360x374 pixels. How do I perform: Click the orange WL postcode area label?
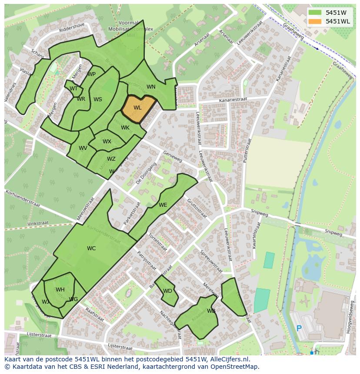pyautogui.click(x=137, y=108)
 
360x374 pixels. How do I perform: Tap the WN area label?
pyautogui.click(x=151, y=87)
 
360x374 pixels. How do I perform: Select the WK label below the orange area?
pyautogui.click(x=125, y=128)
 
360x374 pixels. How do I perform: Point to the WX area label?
pyautogui.click(x=107, y=142)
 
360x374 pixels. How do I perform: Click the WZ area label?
pyautogui.click(x=111, y=159)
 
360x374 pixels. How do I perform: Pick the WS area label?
pyautogui.click(x=98, y=99)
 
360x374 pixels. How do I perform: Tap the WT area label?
pyautogui.click(x=73, y=89)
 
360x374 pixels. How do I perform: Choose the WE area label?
pyautogui.click(x=163, y=205)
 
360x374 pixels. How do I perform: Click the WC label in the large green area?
pyautogui.click(x=91, y=248)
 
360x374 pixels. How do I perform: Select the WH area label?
pyautogui.click(x=60, y=290)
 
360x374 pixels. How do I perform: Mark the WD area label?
pyautogui.click(x=167, y=291)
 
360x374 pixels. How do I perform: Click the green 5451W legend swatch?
pyautogui.click(x=315, y=13)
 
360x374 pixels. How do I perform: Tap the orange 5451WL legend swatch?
pyautogui.click(x=315, y=21)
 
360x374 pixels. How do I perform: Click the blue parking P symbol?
pyautogui.click(x=299, y=328)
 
